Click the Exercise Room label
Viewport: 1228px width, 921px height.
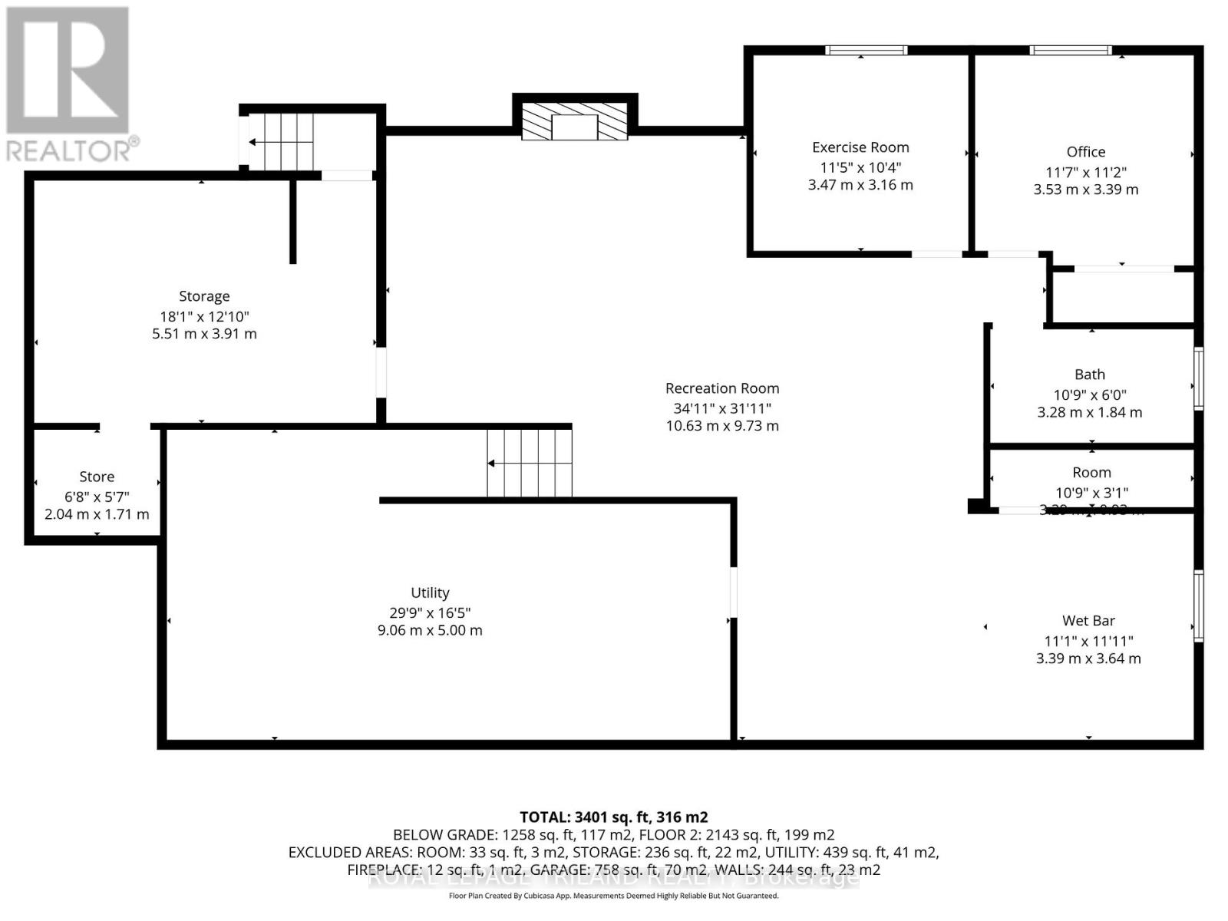(860, 147)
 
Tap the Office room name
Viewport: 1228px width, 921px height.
(1085, 152)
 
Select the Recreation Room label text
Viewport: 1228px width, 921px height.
(722, 388)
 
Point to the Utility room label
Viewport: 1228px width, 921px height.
(430, 593)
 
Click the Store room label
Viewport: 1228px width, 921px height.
(97, 477)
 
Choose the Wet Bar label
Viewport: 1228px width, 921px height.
(1088, 620)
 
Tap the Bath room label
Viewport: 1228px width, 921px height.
(1089, 375)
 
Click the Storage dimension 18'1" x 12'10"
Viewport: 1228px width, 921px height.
(204, 316)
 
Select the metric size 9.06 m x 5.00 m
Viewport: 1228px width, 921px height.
(430, 630)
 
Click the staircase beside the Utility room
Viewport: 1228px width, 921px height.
(530, 464)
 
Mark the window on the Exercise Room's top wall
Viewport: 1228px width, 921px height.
(866, 51)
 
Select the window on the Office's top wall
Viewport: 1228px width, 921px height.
(1070, 51)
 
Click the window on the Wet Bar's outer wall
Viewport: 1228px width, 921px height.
(1198, 606)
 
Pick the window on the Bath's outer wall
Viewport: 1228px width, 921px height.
(1198, 378)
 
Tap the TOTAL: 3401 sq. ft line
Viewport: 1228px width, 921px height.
(613, 817)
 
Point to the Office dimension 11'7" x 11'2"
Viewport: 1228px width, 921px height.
(1085, 173)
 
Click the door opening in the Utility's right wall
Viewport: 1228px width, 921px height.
(734, 591)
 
